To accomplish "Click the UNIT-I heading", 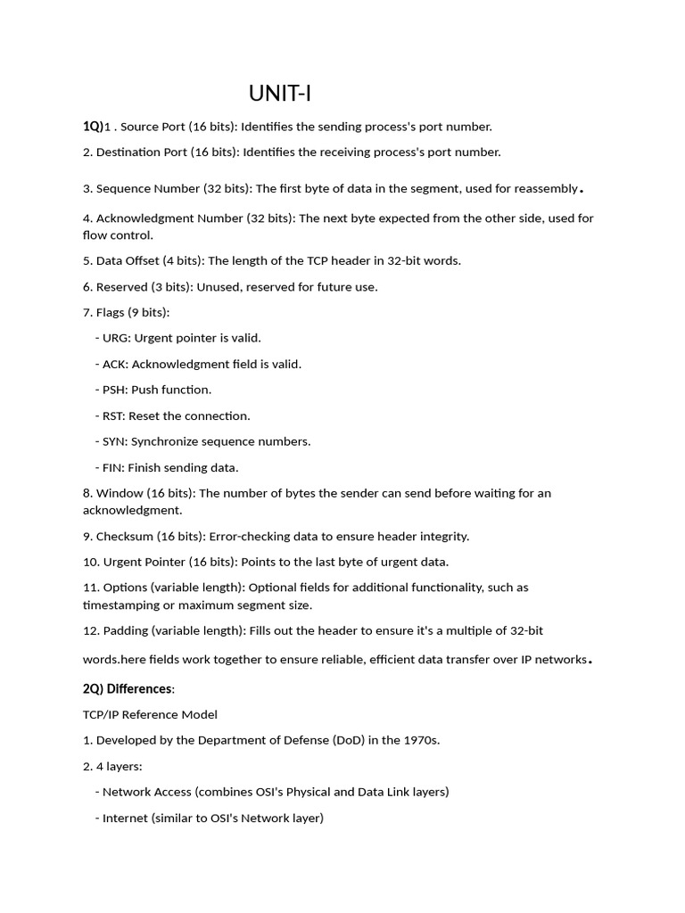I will [x=280, y=94].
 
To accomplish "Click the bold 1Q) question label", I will [x=93, y=127].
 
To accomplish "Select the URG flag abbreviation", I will [x=116, y=339].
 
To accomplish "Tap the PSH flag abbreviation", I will [x=114, y=390].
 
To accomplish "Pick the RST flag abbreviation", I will [x=114, y=415].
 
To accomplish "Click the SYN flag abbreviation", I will [x=114, y=441].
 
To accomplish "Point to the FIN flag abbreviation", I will [x=113, y=467].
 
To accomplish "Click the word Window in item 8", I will [x=120, y=493].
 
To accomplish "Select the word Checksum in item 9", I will [x=125, y=537].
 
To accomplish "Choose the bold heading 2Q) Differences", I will [x=128, y=689].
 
